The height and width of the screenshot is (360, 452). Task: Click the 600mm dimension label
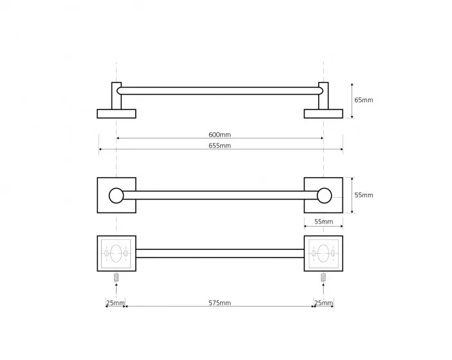click(220, 135)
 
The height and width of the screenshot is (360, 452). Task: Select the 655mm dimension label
click(220, 146)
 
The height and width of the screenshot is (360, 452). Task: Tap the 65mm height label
click(364, 100)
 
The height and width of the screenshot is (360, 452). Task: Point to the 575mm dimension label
click(220, 303)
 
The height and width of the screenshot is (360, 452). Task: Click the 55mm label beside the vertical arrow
click(364, 195)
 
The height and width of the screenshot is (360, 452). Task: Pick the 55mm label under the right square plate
click(323, 222)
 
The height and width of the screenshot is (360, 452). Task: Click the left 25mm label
click(115, 303)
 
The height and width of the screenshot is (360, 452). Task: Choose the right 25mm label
click(324, 303)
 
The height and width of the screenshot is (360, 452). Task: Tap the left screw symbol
click(116, 277)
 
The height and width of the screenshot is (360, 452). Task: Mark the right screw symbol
click(323, 277)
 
